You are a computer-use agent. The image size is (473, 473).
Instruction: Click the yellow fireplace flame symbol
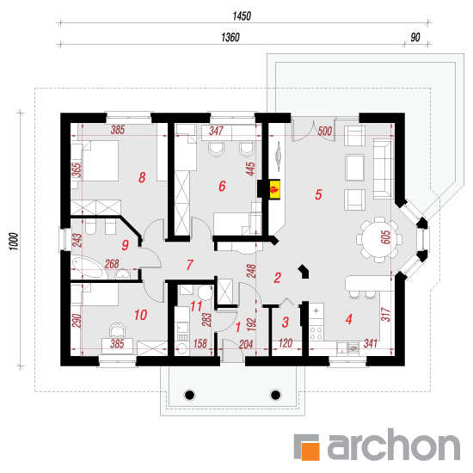(x=275, y=189)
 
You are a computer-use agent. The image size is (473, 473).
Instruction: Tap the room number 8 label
(x=142, y=177)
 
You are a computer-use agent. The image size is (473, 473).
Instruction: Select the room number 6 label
(x=222, y=186)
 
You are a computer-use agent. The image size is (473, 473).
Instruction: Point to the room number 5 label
(x=318, y=194)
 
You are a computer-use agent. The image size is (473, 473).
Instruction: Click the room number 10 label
(x=140, y=315)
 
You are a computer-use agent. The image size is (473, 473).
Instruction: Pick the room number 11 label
(x=196, y=306)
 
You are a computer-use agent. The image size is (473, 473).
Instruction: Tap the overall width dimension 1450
(x=242, y=16)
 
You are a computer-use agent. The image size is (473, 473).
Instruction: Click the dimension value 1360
(x=230, y=37)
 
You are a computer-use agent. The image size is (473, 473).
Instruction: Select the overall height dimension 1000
(x=14, y=241)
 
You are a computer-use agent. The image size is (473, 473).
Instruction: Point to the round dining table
(x=379, y=240)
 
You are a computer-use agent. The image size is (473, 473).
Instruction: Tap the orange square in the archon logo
(x=310, y=451)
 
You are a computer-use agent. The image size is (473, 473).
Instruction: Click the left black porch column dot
(x=189, y=395)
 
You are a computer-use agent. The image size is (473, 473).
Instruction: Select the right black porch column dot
(x=275, y=395)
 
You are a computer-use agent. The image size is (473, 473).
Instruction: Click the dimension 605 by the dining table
(x=385, y=237)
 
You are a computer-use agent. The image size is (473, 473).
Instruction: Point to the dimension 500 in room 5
(x=325, y=132)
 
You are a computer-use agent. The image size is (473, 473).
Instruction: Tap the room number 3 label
(x=286, y=322)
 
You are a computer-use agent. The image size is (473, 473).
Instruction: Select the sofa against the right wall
(x=383, y=169)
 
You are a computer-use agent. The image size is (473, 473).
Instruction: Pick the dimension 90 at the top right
(x=415, y=37)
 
